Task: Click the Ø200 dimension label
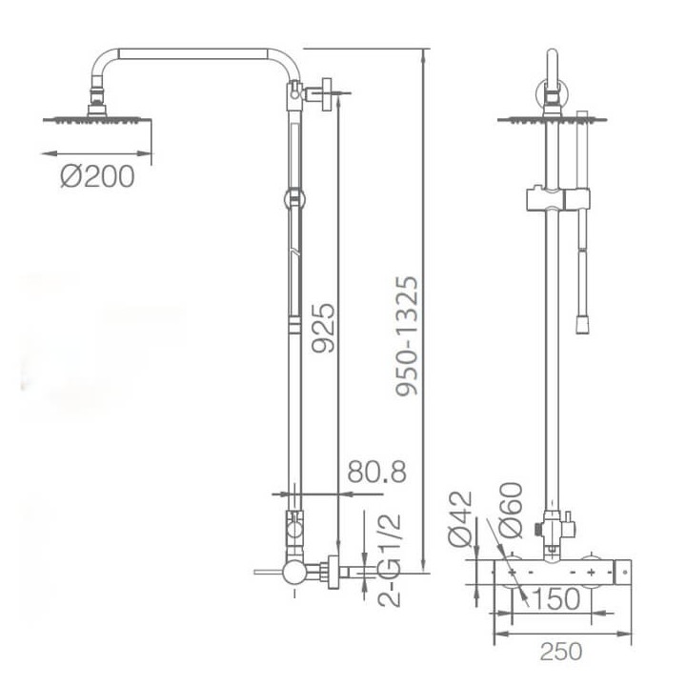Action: pos(97,176)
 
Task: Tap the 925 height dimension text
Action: pos(323,327)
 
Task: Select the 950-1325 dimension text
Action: pos(407,335)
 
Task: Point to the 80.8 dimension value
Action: pos(376,472)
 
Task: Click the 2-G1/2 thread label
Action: pos(389,560)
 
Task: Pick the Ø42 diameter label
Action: pos(460,519)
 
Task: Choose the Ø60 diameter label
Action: pos(510,510)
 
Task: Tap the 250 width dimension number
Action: pos(561,651)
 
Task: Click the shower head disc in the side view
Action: pos(97,119)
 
